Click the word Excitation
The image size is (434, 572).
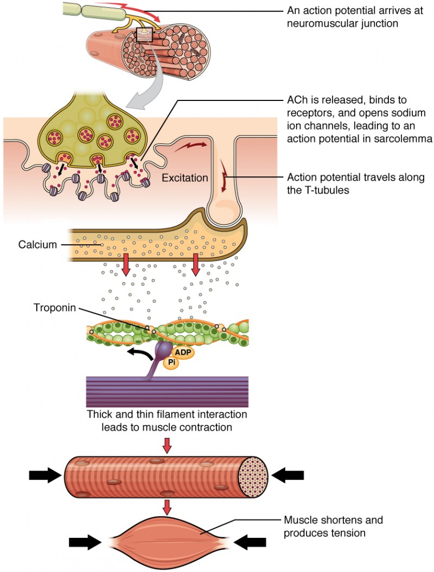tap(184, 177)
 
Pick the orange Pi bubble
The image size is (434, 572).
tap(170, 362)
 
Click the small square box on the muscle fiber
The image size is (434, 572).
tap(144, 35)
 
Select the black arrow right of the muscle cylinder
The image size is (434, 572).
tap(287, 475)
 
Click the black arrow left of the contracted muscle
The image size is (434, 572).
tap(86, 542)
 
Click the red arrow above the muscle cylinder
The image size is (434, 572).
tap(167, 445)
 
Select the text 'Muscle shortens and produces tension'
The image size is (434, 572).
tap(333, 526)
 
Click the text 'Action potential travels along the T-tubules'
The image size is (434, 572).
tap(355, 183)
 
